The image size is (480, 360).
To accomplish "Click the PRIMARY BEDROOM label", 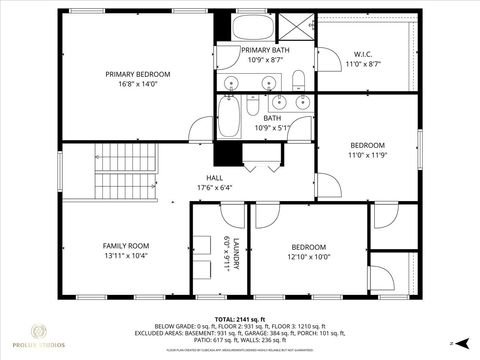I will point(139,74).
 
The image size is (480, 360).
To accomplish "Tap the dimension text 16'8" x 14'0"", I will point(139,86).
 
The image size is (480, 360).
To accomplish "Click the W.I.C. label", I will point(363,53).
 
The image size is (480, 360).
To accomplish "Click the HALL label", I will point(214,176).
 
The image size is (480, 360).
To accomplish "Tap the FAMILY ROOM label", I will point(125,245).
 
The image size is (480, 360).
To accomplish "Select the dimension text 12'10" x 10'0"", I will point(308,257).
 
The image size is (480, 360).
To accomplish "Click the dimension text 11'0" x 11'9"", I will point(366,155).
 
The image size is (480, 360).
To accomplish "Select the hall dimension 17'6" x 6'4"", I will point(214,187).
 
